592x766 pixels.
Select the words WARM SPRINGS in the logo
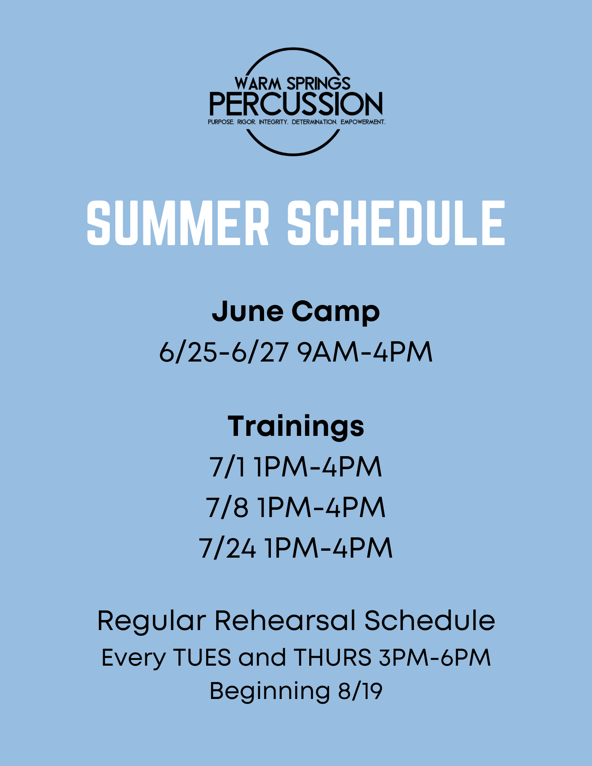[x=293, y=83]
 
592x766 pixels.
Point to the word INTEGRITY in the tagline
[x=274, y=122]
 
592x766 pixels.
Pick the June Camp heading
[x=296, y=312]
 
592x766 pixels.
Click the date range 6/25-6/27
[x=224, y=352]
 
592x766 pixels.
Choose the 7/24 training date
[x=227, y=548]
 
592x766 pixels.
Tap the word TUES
[x=202, y=658]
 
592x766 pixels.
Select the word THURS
[x=333, y=658]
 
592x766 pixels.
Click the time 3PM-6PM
[x=435, y=658]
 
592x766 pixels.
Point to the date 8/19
[x=360, y=691]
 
